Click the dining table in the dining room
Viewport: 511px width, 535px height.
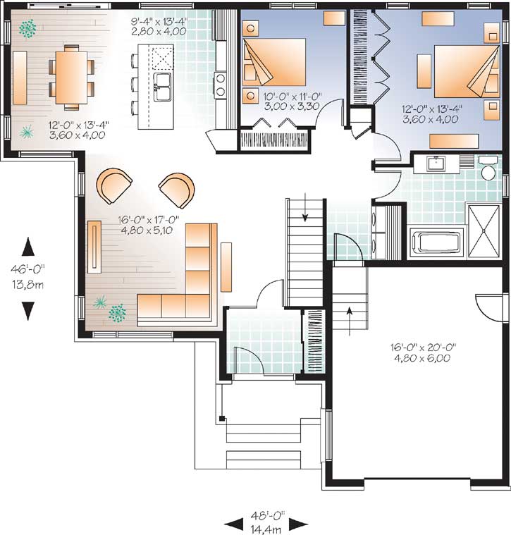coord(70,76)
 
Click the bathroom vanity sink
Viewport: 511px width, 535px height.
coord(435,164)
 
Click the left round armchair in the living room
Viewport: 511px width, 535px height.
coord(113,185)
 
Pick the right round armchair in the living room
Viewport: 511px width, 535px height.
coord(176,188)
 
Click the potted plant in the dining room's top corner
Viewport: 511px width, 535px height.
coord(29,28)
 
